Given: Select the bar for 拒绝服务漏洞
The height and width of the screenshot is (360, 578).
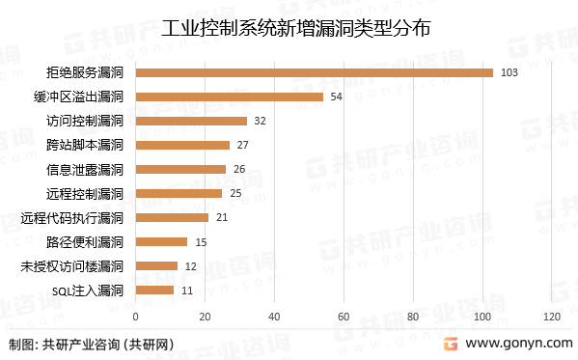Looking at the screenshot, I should coord(314,72).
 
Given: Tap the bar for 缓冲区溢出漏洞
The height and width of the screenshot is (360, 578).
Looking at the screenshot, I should coord(229,97).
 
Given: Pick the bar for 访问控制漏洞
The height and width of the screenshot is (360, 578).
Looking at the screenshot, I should coord(191,121).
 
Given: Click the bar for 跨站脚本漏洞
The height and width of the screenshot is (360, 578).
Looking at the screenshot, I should coord(182,145).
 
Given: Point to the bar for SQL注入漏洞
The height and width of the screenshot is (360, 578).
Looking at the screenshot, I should coord(154,290).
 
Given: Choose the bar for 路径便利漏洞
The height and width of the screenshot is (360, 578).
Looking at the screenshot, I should coord(161,241).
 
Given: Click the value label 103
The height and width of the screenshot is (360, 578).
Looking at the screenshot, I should coord(510,72).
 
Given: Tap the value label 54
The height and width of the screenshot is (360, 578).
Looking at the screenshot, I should coord(337,97).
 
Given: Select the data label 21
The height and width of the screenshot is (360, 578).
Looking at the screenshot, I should coord(222,217).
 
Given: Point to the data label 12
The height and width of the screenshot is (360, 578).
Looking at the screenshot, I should coord(191,265).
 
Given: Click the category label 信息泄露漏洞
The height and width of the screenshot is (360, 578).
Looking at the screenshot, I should coord(86,169).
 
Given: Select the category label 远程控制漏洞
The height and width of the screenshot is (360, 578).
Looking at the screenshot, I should coord(86,193).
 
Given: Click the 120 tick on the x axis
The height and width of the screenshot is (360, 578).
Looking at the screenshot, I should coord(551,317).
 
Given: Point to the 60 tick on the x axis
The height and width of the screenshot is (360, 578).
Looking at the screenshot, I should coord(344,317).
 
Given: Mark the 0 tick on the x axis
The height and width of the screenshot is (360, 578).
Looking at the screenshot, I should coord(135,317).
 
